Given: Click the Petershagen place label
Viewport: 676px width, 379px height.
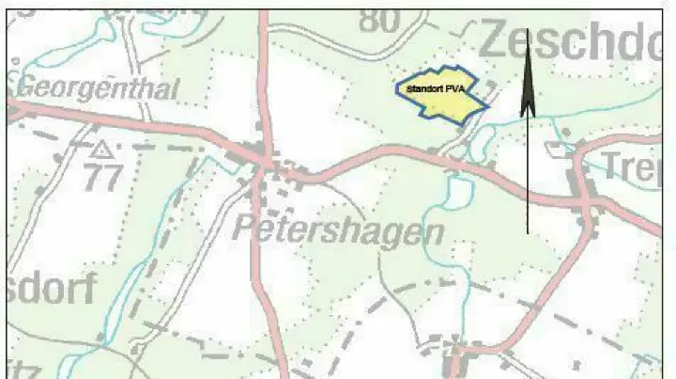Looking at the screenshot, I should (x=338, y=229).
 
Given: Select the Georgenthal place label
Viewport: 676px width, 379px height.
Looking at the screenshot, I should (x=99, y=89).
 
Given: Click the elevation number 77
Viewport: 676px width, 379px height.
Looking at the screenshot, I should (x=100, y=177).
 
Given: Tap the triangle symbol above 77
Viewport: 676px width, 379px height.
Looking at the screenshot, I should (x=100, y=149).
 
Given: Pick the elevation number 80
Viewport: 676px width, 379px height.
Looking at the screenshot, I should (x=379, y=18).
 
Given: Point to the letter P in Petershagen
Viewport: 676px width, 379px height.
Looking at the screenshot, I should (x=243, y=227).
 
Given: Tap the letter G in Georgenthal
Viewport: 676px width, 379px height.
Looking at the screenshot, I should (x=27, y=88).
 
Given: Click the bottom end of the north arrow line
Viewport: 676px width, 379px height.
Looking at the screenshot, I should (x=528, y=231).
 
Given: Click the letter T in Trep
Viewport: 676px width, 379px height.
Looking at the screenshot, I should (x=609, y=166).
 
